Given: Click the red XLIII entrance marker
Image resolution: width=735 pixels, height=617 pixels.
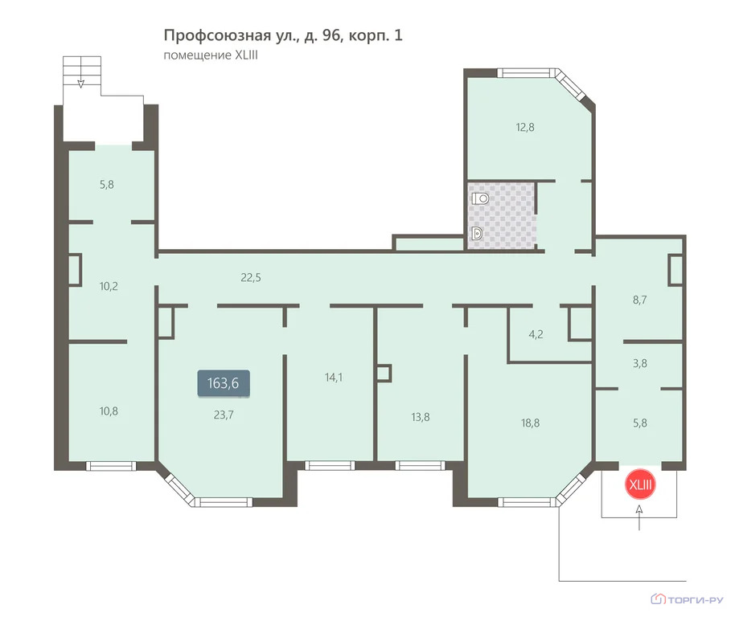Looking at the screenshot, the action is tap(640, 484).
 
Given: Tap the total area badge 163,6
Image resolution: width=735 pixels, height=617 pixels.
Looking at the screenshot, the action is tap(223, 383).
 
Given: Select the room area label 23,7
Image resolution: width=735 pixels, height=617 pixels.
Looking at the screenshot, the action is tap(224, 415).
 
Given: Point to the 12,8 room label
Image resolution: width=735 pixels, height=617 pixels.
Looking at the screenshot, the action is tap(525, 127).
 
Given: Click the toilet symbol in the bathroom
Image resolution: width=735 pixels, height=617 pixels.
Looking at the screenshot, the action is tap(480, 198).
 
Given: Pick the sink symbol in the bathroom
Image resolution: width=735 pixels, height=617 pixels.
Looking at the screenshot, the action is tap(477, 233).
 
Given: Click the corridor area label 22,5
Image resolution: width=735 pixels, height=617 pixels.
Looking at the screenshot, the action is tap(251, 278).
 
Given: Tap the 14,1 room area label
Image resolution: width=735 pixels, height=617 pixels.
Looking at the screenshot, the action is tap(333, 378).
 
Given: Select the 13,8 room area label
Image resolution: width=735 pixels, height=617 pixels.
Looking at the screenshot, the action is tap(421, 417).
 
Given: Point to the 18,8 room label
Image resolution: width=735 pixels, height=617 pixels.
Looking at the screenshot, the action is tap(530, 423).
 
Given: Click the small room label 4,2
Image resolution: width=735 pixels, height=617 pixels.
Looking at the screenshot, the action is tap(536, 334).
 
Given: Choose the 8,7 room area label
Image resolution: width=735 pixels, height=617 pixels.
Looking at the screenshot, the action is tap(640, 300).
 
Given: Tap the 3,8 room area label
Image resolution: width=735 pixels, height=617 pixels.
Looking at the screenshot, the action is tap(640, 363).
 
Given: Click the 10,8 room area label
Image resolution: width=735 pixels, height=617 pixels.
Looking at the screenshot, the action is tap(109, 411).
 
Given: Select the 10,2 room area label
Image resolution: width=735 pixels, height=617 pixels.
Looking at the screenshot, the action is tap(109, 286).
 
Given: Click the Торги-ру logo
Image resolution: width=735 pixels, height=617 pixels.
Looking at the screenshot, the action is tap(688, 599).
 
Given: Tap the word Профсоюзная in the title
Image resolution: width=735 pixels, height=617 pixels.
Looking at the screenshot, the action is tap(217, 35).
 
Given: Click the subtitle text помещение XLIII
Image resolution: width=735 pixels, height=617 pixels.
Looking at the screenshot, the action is tap(211, 55).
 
